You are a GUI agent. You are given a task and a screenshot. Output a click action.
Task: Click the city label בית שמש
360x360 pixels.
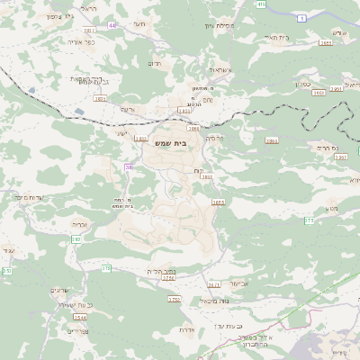pyautogui.click(x=182, y=142)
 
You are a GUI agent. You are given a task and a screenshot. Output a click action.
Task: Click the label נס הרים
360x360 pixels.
pyautogui.click(x=331, y=145)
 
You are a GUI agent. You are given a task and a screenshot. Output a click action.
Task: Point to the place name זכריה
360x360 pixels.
pyautogui.click(x=80, y=224)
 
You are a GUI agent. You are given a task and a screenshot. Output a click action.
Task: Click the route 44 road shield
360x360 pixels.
pyautogui.click(x=112, y=26)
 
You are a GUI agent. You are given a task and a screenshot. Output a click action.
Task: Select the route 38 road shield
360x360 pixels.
pyautogui.click(x=130, y=166)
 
